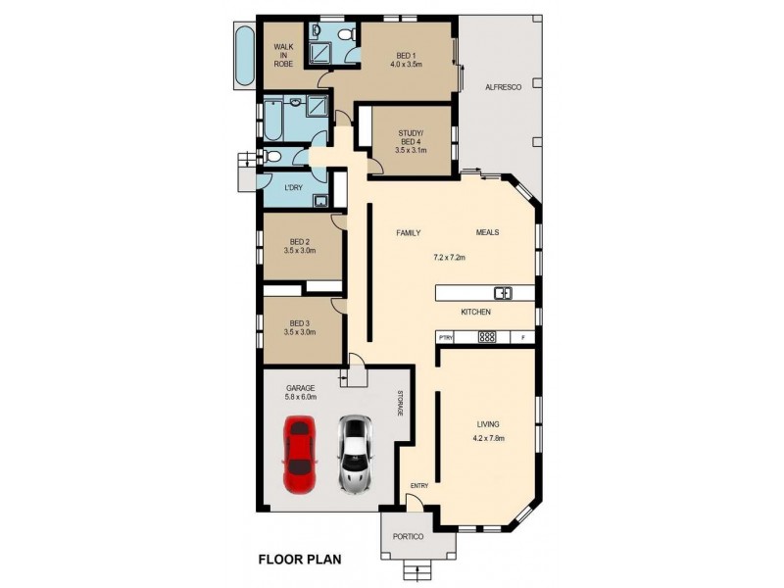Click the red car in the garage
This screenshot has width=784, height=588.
[x=300, y=454]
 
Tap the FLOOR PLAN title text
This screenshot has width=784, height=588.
[x=300, y=561]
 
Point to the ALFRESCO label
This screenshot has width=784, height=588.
[x=502, y=87]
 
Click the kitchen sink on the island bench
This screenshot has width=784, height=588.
[x=503, y=292]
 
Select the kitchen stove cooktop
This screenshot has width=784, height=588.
[x=487, y=337]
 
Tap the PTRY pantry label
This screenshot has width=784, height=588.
[x=446, y=338]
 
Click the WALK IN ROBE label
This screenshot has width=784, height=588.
[x=284, y=55]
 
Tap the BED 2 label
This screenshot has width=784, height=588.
[x=300, y=243]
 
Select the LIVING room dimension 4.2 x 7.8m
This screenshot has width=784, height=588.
[x=488, y=437]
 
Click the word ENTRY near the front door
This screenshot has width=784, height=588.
[x=419, y=486]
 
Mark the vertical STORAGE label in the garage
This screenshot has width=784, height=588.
[x=400, y=405]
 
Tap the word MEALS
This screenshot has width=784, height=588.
[x=488, y=232]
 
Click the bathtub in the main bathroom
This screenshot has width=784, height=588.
[x=273, y=122]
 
